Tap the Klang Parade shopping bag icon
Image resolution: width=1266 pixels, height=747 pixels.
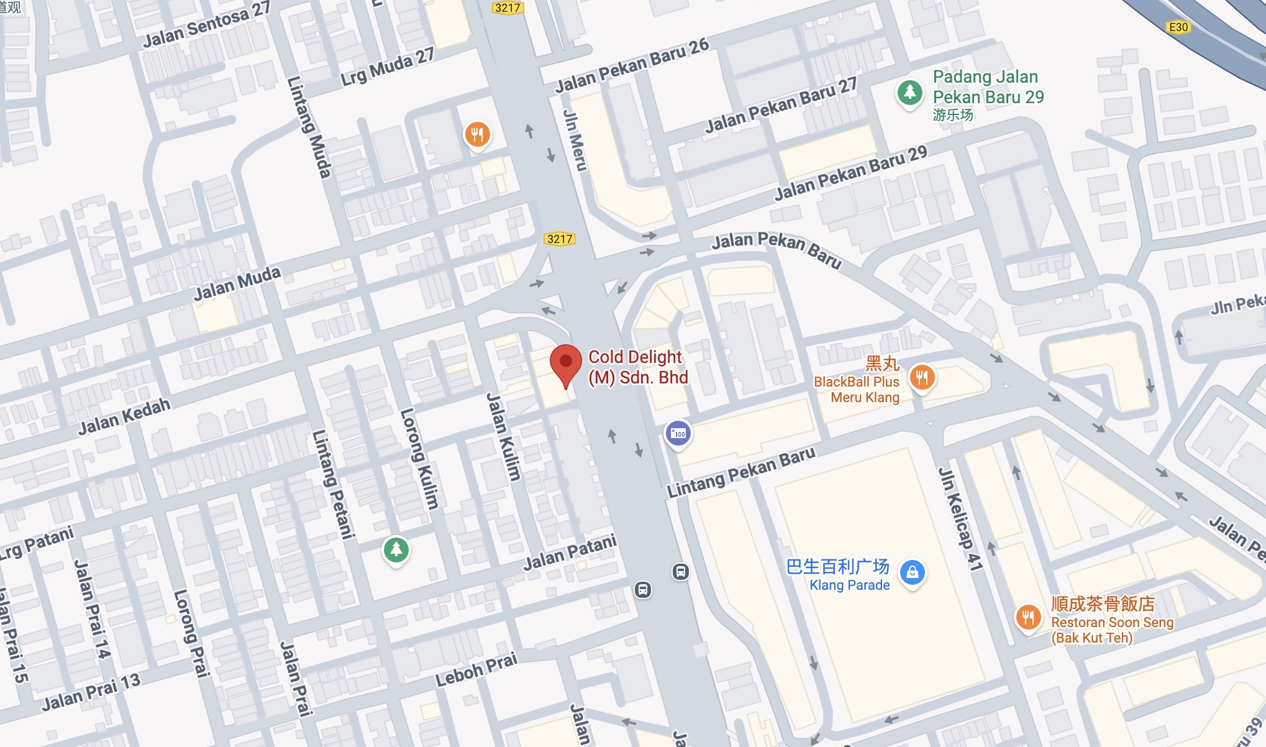tap(912, 572)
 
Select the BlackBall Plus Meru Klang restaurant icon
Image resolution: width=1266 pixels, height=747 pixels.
tap(922, 377)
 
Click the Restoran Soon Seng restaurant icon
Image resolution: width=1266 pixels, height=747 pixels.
tap(1028, 617)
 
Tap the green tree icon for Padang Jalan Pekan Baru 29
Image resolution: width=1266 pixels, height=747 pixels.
tap(909, 93)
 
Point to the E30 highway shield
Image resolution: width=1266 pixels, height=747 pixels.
tap(1178, 27)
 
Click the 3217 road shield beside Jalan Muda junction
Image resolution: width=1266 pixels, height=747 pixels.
tap(559, 239)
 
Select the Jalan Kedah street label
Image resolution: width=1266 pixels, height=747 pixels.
tap(124, 416)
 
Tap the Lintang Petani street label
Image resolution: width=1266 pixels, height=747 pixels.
tap(333, 483)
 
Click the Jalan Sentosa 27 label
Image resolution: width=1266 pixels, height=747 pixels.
tap(206, 25)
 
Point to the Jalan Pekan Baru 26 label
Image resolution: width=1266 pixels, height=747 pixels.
tap(632, 65)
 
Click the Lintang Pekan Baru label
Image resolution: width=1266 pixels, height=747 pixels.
tap(740, 472)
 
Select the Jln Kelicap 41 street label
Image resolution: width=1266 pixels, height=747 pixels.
tap(960, 519)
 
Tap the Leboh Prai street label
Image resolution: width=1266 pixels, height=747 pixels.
tap(476, 670)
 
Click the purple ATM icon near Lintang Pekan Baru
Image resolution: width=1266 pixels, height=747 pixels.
tap(678, 434)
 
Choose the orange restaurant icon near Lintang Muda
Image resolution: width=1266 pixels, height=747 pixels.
tap(477, 134)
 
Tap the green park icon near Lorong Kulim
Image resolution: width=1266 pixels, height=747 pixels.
tap(396, 549)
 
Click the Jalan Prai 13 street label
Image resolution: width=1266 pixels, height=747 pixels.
tap(91, 692)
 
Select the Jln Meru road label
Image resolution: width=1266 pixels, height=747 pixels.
tap(574, 140)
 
